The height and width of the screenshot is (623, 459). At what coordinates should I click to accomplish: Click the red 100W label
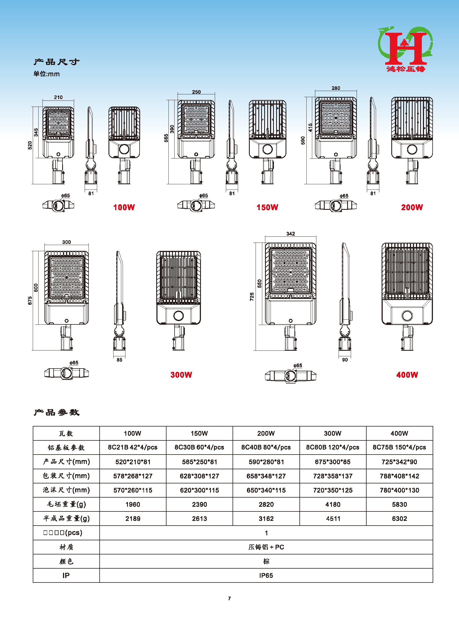coord(124,207)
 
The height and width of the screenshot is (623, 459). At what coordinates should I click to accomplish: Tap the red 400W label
coord(407,375)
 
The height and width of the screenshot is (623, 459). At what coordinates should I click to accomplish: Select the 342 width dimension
coord(291,234)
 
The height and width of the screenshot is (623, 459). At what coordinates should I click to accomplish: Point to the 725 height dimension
coord(252,296)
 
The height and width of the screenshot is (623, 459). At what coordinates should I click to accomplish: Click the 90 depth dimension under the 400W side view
coord(345,360)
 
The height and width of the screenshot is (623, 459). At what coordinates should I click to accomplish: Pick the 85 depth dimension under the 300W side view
coord(119,360)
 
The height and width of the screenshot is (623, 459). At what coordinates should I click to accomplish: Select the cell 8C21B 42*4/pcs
coord(133,447)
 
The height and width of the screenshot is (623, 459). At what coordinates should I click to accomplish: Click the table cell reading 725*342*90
coord(399,462)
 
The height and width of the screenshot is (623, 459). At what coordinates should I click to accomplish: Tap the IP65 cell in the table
coord(266,576)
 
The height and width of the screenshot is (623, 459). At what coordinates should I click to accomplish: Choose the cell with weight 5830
coord(399,504)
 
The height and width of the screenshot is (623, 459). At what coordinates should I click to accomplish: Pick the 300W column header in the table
coord(332,433)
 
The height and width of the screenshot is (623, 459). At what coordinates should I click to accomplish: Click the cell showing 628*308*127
coord(199,476)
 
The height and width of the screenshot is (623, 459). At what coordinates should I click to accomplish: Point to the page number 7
coord(229,598)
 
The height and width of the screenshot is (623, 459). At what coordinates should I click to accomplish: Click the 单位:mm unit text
coord(46,74)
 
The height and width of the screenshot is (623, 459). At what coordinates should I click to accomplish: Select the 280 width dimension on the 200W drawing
coord(336,88)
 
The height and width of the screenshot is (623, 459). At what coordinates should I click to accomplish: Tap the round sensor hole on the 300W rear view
coord(178,316)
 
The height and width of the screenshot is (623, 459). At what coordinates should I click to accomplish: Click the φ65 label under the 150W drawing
coord(203,196)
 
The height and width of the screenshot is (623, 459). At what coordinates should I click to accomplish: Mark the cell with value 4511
coord(333,518)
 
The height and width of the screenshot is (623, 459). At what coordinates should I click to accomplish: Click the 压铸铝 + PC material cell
coord(266,547)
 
